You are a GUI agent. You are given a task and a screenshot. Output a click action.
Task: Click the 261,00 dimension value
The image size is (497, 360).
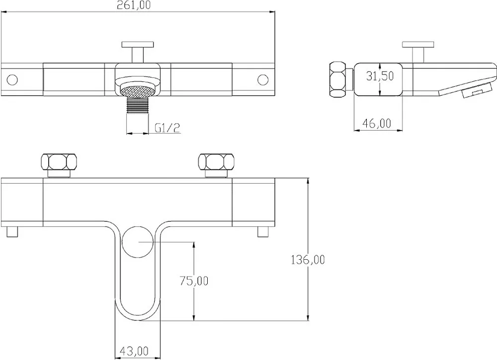point(133,5)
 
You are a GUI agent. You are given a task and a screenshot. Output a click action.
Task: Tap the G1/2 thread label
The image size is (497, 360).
point(167,128)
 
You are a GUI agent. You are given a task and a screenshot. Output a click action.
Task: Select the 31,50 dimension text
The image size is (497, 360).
point(380,76)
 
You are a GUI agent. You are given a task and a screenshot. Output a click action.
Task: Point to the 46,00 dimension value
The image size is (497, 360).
point(377,123)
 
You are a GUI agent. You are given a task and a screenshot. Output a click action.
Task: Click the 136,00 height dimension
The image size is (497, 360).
point(308,260)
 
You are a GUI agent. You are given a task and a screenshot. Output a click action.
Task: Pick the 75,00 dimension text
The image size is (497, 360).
point(194,281)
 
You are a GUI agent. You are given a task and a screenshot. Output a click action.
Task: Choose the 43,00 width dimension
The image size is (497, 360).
point(134,351)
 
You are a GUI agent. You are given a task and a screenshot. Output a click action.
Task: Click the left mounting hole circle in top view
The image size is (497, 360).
point(12,80)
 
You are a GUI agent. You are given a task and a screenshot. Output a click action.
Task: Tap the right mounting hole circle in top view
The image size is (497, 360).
point(263,80)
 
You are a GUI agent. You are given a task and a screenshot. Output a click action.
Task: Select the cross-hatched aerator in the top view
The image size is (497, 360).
point(138,91)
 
